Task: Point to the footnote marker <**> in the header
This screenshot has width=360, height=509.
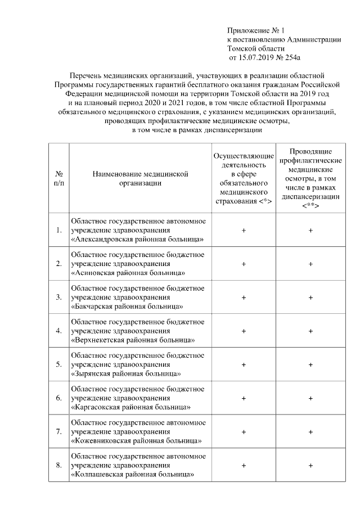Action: (310, 206)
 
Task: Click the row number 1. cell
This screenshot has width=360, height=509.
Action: (58, 230)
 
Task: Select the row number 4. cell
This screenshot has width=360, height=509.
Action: (58, 331)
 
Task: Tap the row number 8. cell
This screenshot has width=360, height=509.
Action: (58, 465)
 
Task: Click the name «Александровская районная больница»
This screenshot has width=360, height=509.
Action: (137, 239)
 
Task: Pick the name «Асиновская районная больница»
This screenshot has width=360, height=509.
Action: (129, 273)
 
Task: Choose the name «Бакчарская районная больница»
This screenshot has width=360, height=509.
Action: (128, 307)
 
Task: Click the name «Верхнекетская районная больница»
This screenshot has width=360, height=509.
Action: (133, 340)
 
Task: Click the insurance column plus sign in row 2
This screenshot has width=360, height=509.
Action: (244, 264)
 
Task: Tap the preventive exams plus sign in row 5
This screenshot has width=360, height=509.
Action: (310, 364)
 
